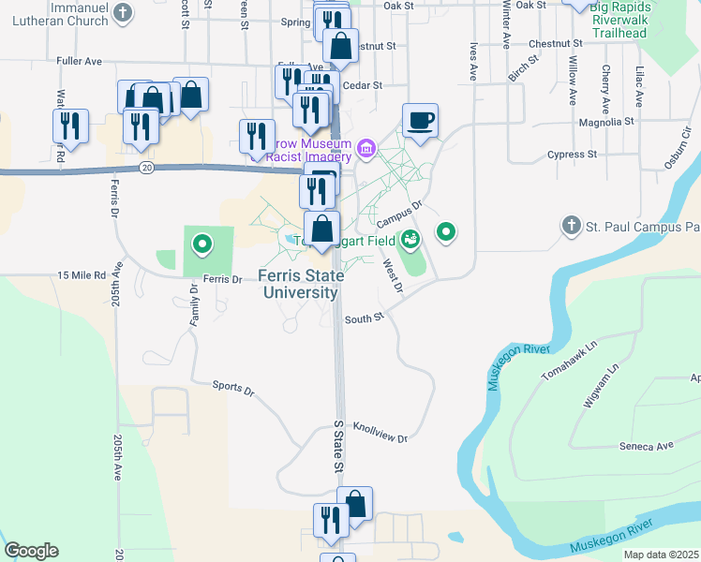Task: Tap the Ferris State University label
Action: click(x=299, y=285)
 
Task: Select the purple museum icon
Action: click(x=365, y=148)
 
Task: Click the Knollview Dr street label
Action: click(x=380, y=433)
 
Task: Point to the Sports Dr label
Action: click(x=233, y=386)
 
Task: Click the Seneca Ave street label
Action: click(x=647, y=446)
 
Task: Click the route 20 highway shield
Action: click(x=145, y=167)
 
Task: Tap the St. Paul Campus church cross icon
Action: click(x=571, y=226)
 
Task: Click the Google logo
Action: click(x=31, y=551)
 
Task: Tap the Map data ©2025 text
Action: click(x=662, y=555)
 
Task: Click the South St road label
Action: click(x=365, y=318)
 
